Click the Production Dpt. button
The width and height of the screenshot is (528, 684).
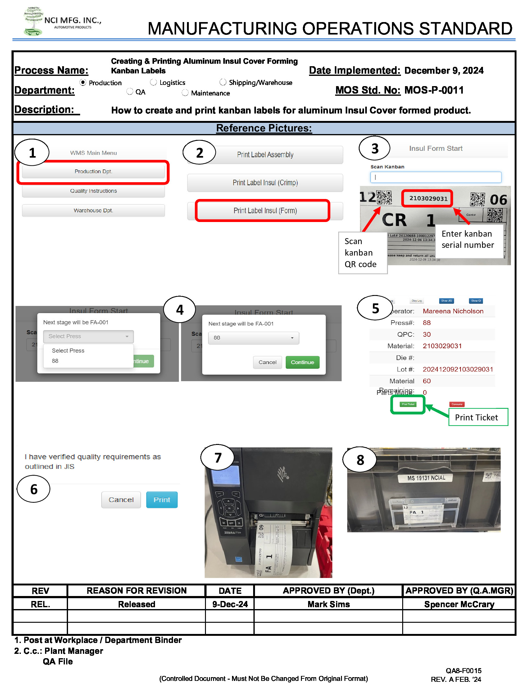click(x=93, y=172)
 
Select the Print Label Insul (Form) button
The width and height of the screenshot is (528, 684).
click(x=265, y=211)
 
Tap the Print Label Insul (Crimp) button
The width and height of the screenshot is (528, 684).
click(x=265, y=183)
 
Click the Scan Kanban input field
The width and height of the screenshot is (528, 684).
click(x=435, y=177)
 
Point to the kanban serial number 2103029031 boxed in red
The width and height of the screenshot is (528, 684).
click(x=428, y=199)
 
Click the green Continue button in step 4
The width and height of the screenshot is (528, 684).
click(x=302, y=362)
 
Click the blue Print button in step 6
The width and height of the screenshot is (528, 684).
click(x=162, y=500)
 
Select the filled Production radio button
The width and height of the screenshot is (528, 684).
click(x=83, y=82)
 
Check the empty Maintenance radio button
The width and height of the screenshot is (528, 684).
click(x=185, y=93)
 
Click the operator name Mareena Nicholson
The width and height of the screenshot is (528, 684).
click(x=453, y=311)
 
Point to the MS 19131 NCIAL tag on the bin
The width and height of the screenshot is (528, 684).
click(x=426, y=478)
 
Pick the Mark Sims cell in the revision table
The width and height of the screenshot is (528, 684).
click(x=328, y=604)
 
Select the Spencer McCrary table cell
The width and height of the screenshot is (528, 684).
click(x=459, y=604)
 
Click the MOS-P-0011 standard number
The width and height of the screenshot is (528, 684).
click(x=434, y=90)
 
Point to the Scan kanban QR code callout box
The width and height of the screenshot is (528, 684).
click(x=362, y=253)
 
